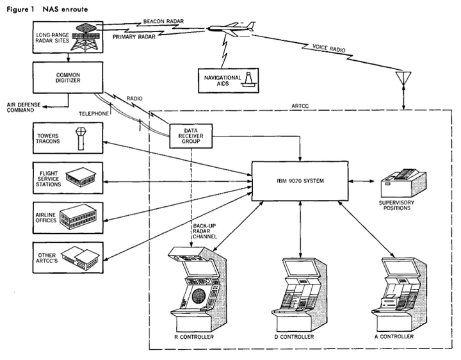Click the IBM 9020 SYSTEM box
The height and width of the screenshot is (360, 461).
299,181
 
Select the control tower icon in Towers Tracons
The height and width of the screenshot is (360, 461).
80,138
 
